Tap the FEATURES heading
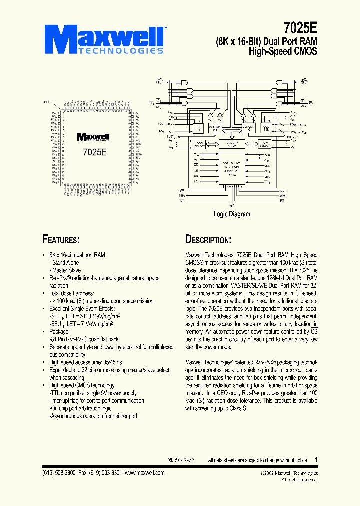[x=61, y=239]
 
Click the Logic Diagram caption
[x=232, y=214]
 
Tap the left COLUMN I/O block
[x=214, y=127]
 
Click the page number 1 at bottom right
[x=315, y=459]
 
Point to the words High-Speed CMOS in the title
[x=283, y=51]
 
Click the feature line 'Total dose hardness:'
[x=72, y=294]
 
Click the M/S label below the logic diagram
[x=232, y=205]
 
